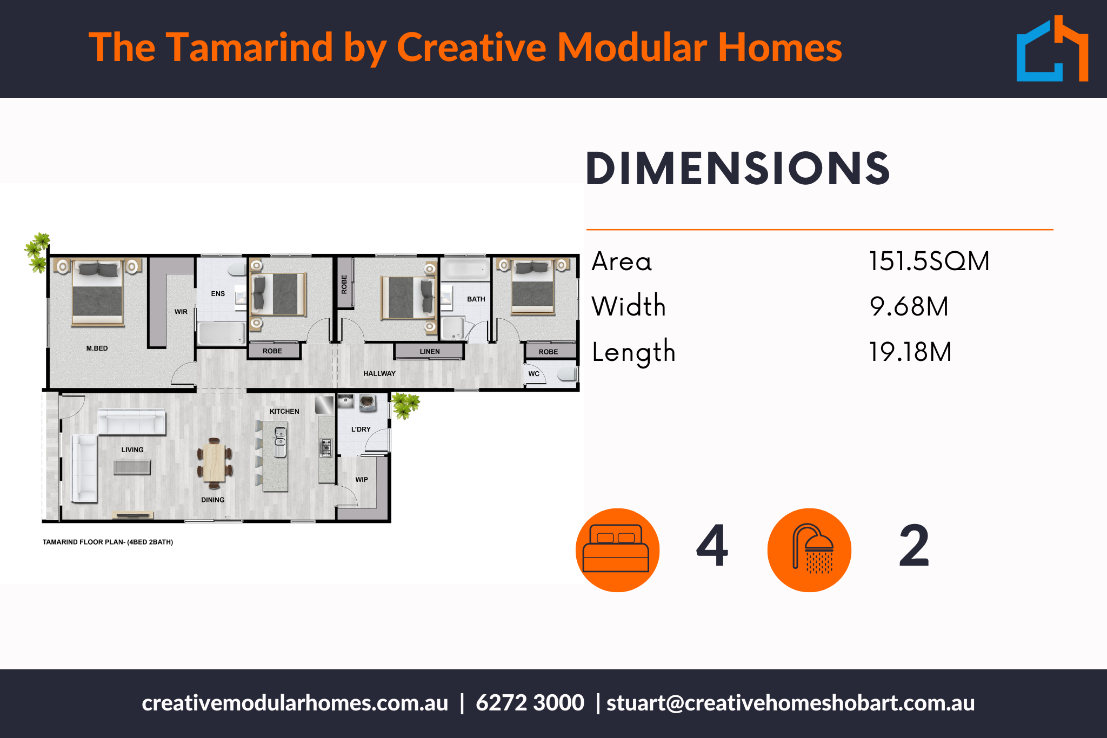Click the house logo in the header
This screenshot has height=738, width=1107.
1052,50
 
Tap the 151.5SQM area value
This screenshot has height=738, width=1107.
929,261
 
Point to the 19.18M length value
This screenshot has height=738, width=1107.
910,352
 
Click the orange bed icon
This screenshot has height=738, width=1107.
617,550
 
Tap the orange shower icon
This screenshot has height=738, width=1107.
809,550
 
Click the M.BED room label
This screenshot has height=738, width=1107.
97,348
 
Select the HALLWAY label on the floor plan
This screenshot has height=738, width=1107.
379,374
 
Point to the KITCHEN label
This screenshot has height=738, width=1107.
284,412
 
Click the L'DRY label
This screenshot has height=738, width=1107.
361,430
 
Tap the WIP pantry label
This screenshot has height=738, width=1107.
362,480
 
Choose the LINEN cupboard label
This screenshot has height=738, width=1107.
430,352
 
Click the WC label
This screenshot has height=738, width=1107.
534,374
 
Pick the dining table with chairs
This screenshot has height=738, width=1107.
215,463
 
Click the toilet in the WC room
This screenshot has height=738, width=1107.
567,374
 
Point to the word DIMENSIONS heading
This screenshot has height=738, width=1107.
738,169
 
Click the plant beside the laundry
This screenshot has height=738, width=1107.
405,405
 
